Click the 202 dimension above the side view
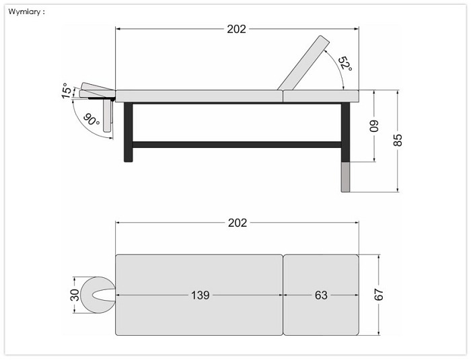[236, 29]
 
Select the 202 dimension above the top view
[238, 223]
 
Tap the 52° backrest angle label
[345, 63]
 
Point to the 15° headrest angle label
[67, 91]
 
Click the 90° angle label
[91, 120]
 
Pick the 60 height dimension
[374, 126]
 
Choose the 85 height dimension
[398, 140]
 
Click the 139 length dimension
[201, 295]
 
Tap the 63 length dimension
[321, 295]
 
